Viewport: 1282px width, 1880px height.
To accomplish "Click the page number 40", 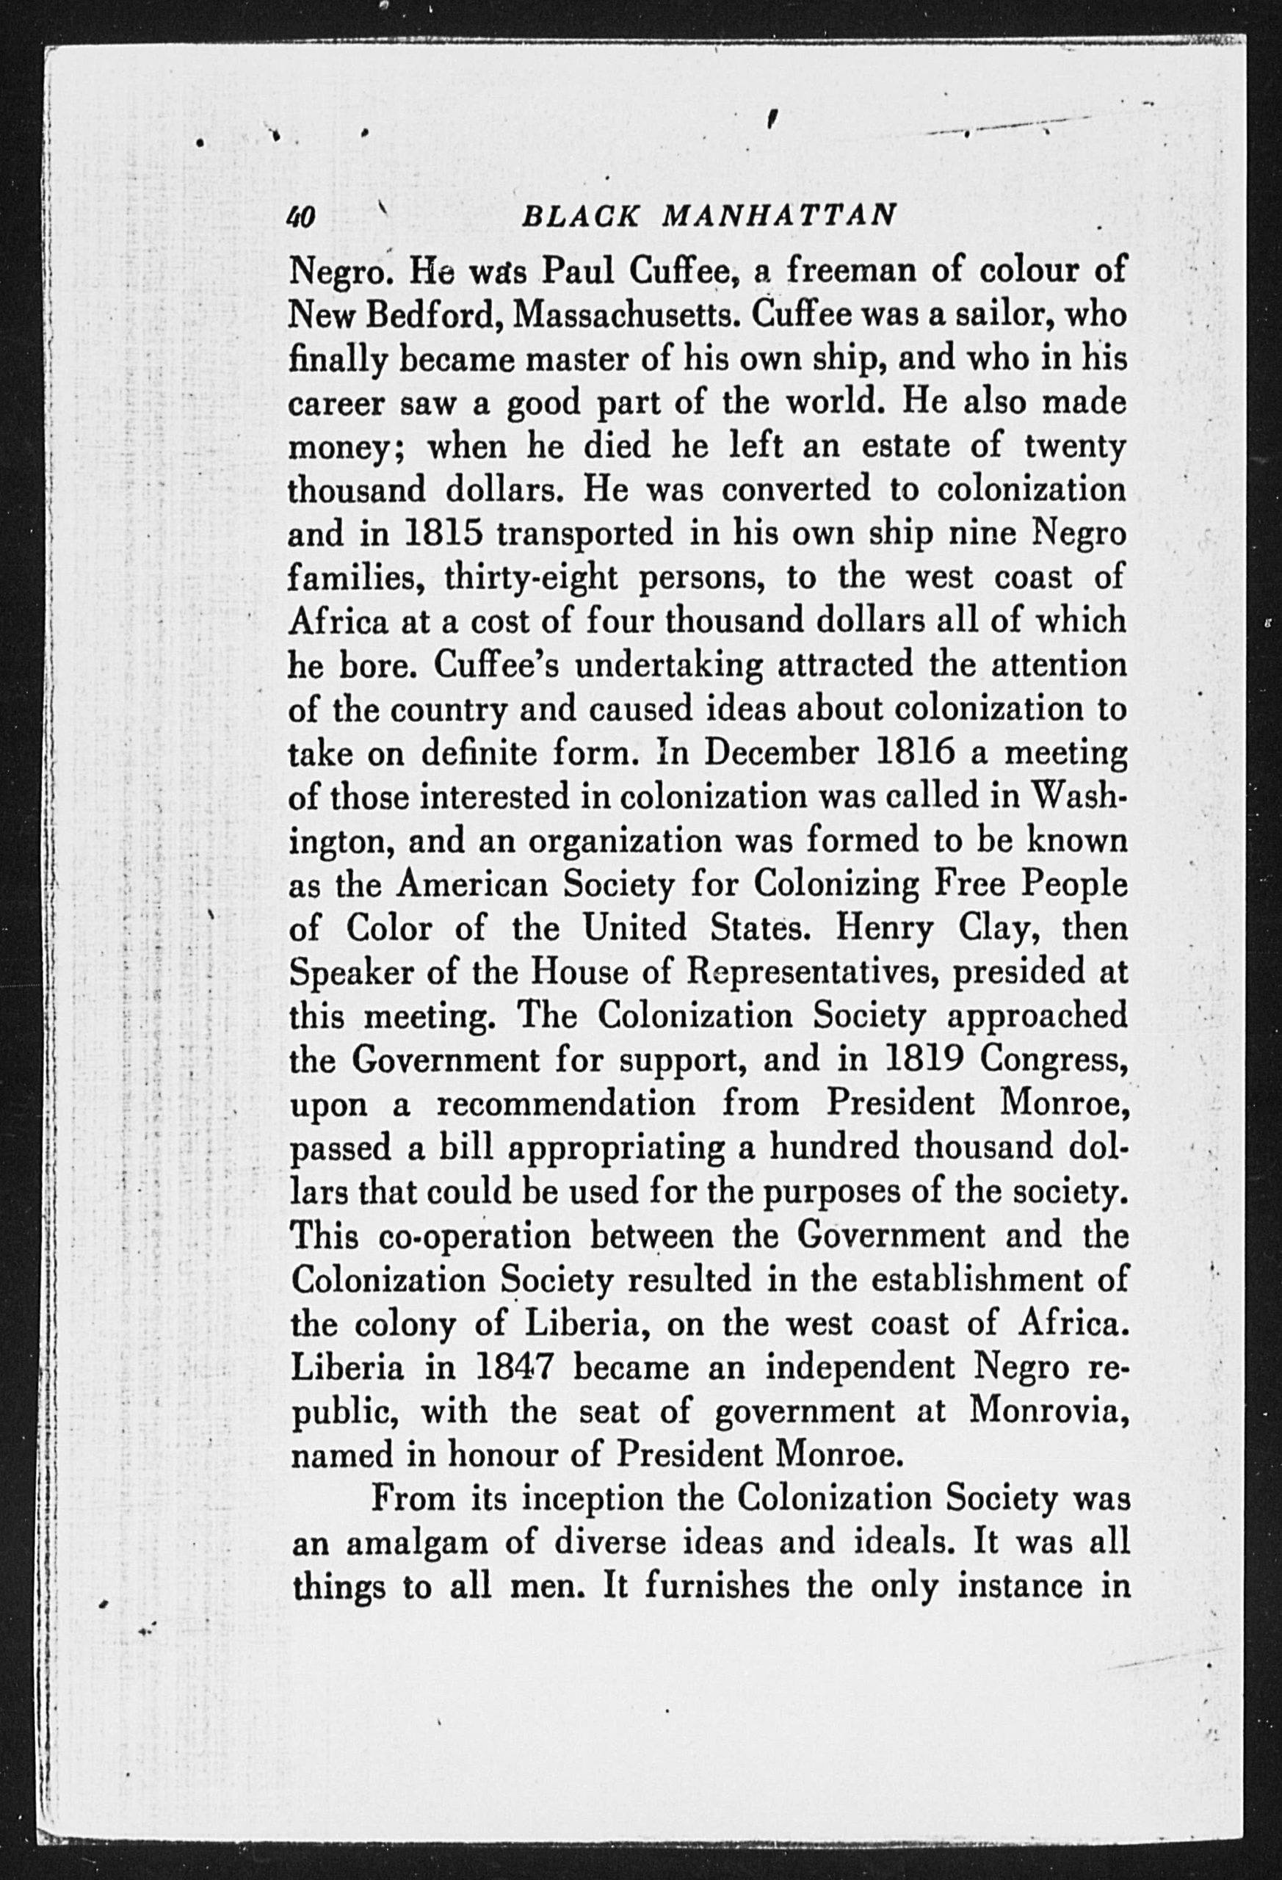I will coord(302,217).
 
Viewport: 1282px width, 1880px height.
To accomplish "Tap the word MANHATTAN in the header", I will coord(779,216).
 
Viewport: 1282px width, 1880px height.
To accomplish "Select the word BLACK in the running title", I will coord(582,216).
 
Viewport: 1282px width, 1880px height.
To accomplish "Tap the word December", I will coord(780,753).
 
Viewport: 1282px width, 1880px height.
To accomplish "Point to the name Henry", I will coord(885,928).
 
